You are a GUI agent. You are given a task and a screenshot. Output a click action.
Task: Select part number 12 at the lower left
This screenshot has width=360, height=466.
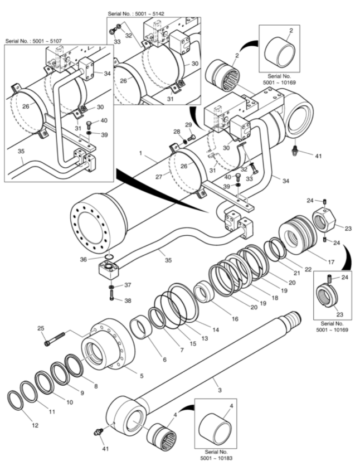(35, 425)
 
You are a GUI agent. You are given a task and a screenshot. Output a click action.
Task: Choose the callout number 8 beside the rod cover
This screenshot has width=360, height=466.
(95, 386)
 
